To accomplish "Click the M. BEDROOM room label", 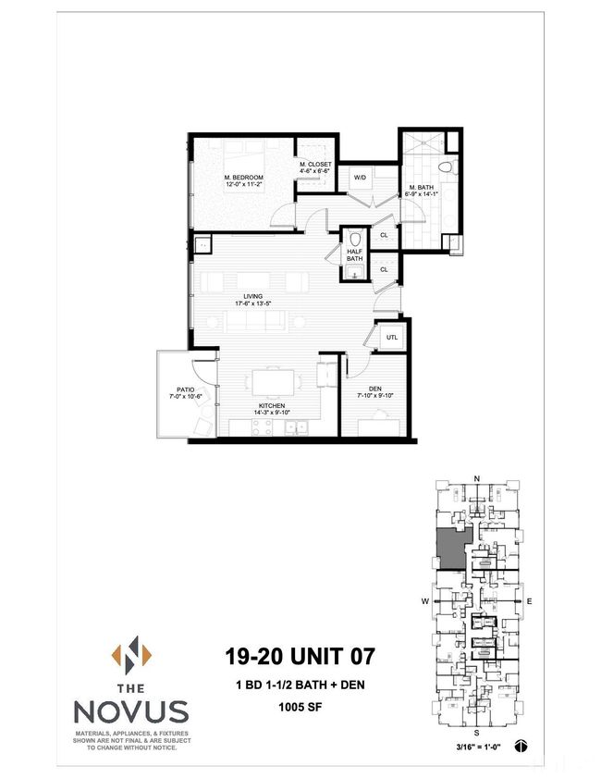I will coord(244,177).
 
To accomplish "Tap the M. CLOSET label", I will coord(314,165).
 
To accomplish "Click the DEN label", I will coord(374,389).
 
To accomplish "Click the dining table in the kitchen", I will coord(273,380).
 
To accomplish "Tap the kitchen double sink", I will coord(296,427).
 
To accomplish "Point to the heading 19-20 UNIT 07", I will coord(300,657).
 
